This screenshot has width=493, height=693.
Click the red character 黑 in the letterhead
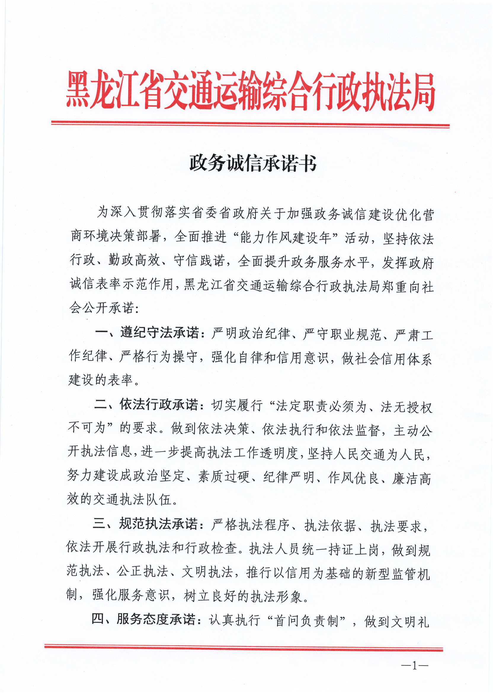78,90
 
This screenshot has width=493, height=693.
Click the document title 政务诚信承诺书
253,163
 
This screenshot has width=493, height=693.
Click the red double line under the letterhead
250,124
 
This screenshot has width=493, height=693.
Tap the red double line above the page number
244,648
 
